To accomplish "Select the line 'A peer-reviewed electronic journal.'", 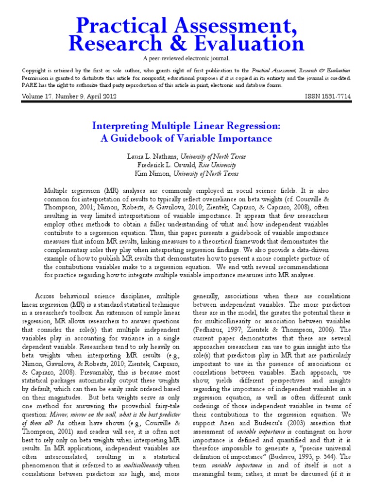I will [x=186, y=59].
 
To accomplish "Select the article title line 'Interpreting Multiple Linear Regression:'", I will [x=186, y=126].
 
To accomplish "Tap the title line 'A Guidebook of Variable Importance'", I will [x=186, y=138].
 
